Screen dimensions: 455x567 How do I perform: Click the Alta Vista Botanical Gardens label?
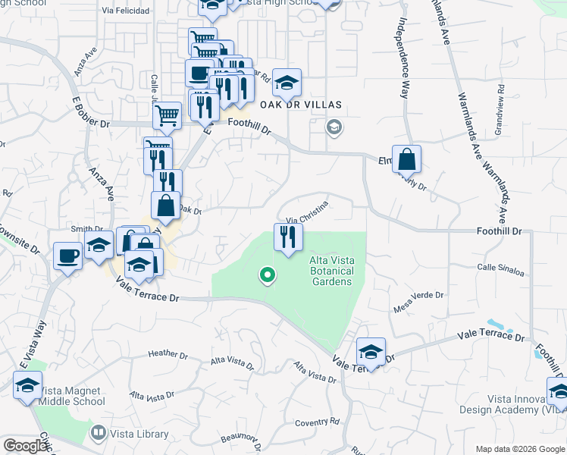pos(330,271)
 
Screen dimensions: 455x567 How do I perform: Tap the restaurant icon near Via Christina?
pos(287,237)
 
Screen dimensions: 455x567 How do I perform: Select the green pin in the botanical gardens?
pos(266,275)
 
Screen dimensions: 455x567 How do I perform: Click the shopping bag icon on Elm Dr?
pos(406,160)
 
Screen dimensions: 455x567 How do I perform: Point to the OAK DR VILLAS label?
pos(301,105)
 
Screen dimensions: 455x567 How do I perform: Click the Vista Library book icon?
pos(98,433)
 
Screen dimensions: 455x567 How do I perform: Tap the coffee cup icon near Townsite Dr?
pos(68,256)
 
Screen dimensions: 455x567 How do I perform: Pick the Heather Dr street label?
pos(168,354)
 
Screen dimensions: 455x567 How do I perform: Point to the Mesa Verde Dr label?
pos(418,303)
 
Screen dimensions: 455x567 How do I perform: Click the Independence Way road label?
pos(400,58)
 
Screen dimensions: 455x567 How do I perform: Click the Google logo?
pos(25,446)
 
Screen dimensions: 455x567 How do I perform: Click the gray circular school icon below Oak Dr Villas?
pos(334,127)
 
